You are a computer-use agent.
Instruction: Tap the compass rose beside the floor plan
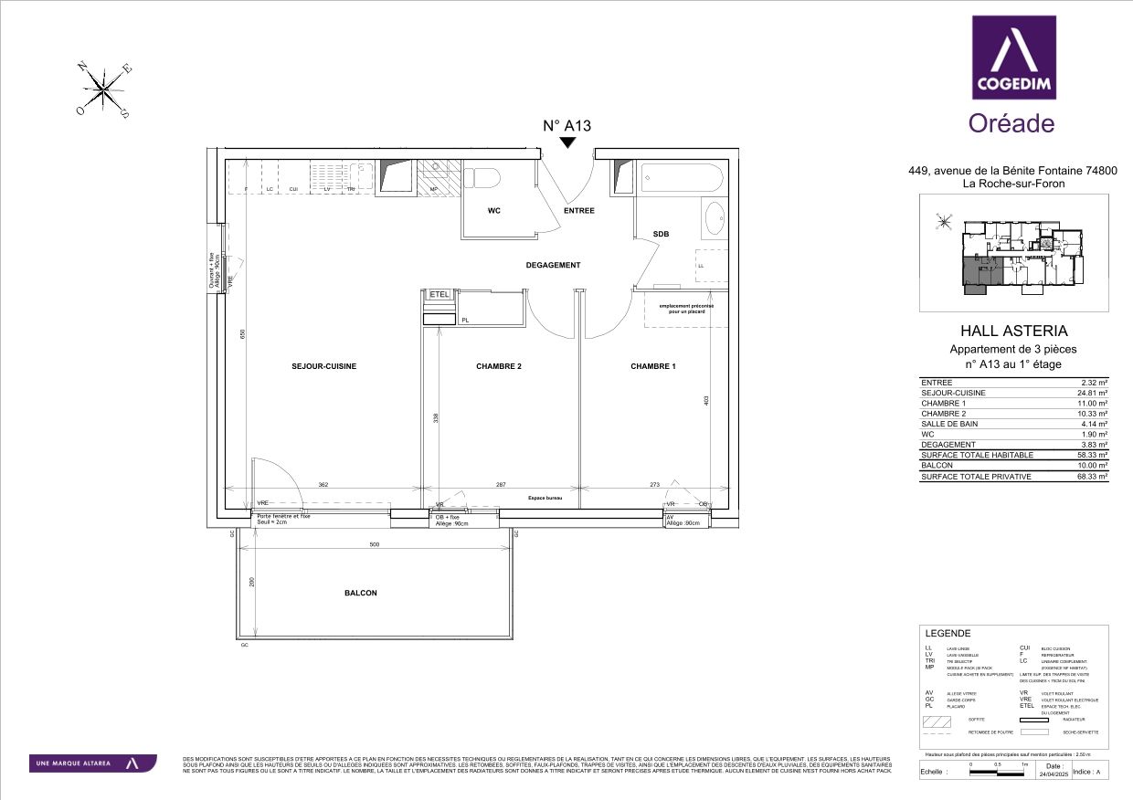click(x=106, y=90)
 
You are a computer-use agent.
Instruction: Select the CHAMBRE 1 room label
click(x=653, y=366)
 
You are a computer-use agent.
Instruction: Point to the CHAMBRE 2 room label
click(x=499, y=366)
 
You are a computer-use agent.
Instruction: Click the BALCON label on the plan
click(x=360, y=593)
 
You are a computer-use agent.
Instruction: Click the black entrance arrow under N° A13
click(x=568, y=142)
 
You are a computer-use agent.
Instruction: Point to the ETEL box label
click(x=439, y=295)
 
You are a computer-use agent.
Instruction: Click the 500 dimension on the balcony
click(x=373, y=545)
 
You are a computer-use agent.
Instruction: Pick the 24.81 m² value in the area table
click(x=1093, y=393)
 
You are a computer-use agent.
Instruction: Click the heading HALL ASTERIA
click(x=1014, y=332)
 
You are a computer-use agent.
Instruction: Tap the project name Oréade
click(x=1011, y=123)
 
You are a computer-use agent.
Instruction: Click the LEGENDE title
click(x=948, y=634)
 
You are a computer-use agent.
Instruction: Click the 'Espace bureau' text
click(x=545, y=499)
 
